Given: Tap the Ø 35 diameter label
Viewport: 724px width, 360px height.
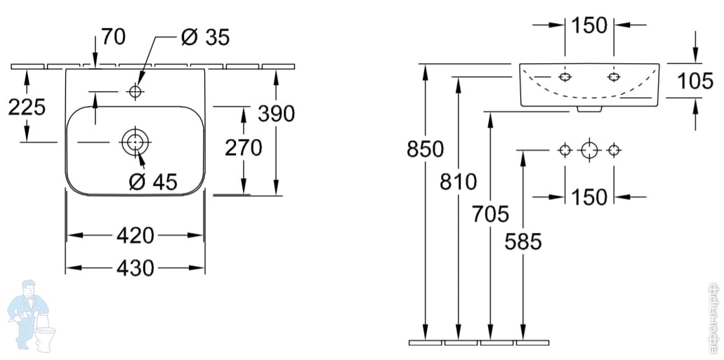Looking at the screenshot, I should (204, 37).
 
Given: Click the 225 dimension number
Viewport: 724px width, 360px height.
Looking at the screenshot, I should (26, 107).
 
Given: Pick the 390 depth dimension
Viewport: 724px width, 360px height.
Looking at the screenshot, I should (276, 113).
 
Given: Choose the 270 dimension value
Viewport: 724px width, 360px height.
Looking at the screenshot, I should (243, 147).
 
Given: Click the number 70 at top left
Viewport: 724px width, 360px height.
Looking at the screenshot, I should (113, 36).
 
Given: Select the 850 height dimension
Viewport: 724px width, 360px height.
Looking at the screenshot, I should (425, 149).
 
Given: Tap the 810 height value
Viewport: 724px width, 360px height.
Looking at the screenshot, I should (458, 182).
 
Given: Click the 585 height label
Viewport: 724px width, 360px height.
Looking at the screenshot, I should (523, 242).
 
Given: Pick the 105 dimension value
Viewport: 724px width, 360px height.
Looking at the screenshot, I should (695, 81).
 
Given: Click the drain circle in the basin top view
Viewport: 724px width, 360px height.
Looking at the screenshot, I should (134, 142).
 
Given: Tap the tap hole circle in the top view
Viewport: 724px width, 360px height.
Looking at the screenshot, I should (136, 91).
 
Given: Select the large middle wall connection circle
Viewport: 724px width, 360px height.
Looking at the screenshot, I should (588, 149).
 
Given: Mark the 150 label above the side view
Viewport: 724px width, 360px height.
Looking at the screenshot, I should (588, 25).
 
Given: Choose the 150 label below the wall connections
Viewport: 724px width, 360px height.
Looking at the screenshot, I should (588, 197).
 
